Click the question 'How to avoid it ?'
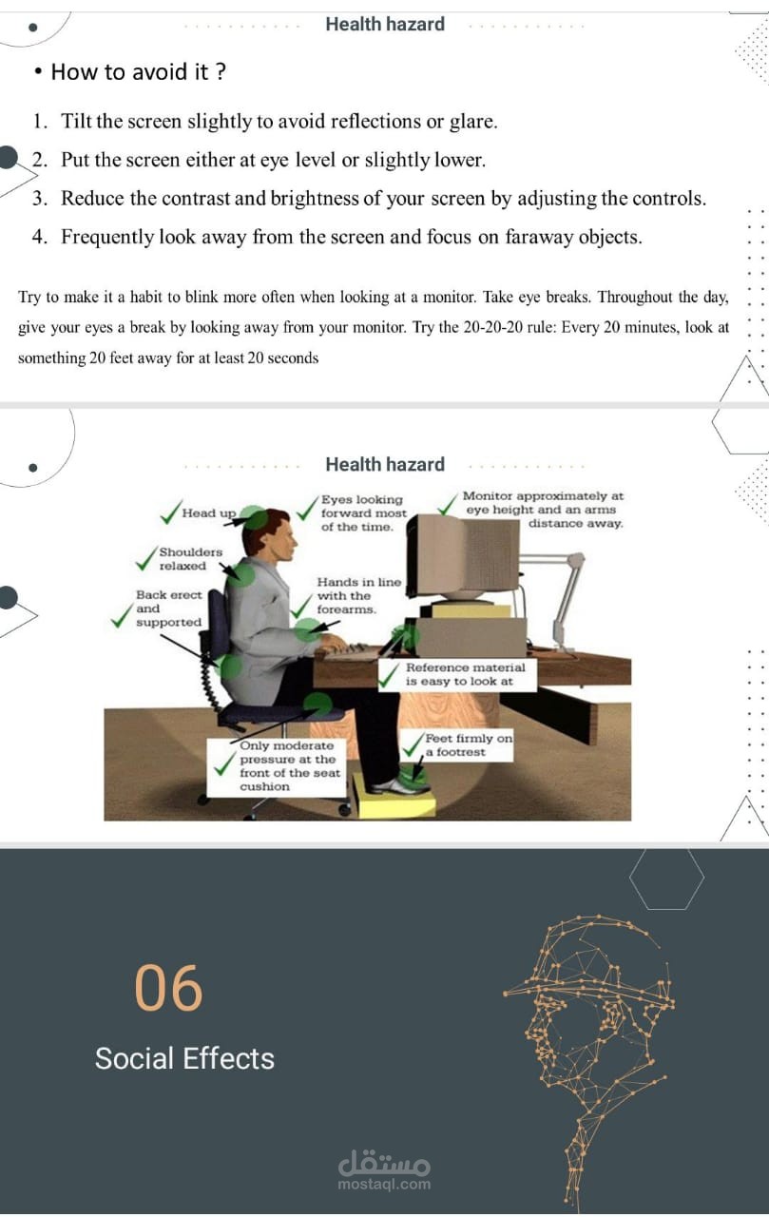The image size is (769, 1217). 139,71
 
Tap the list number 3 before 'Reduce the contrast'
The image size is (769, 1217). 39,199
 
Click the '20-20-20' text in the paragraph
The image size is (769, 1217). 486,327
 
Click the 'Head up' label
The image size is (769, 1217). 209,512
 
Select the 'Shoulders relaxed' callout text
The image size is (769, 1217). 191,558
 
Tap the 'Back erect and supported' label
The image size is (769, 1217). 168,608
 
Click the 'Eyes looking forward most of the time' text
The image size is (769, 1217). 363,512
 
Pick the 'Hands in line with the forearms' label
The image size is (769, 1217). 359,595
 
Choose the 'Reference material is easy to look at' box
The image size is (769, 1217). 458,675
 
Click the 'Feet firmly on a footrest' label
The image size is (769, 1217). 468,744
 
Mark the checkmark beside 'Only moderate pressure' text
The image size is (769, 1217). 223,763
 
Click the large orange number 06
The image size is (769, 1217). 168,987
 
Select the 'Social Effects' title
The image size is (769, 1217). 184,1058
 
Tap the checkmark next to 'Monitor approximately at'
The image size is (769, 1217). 448,504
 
